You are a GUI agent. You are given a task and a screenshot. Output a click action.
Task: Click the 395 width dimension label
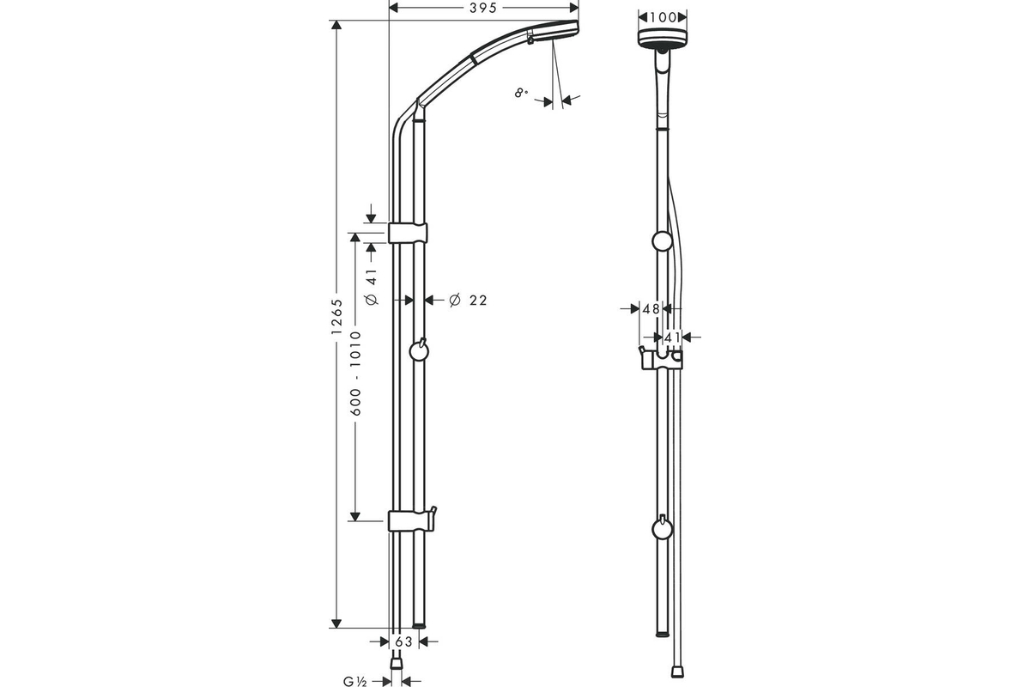(x=482, y=8)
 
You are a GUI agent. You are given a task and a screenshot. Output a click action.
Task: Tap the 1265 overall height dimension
(x=337, y=317)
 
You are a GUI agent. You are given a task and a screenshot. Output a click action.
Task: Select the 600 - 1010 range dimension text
(x=356, y=374)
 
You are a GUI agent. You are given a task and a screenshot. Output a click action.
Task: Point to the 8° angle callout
(x=521, y=94)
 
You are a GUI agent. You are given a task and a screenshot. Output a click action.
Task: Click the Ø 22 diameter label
(x=468, y=301)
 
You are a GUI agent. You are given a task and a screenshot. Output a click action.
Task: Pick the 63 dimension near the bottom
(x=403, y=641)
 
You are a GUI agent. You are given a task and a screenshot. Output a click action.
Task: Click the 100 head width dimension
(x=663, y=17)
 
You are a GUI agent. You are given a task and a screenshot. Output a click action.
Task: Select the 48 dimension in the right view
(x=651, y=309)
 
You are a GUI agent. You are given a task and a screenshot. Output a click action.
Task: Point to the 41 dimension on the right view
(x=672, y=337)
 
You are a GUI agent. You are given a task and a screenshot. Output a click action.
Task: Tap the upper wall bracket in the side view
(x=408, y=233)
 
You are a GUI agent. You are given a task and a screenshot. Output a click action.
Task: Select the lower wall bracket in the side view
(x=410, y=520)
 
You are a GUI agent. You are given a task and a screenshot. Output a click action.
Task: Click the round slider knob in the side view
(x=419, y=351)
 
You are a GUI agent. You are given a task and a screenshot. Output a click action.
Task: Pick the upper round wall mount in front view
(x=662, y=241)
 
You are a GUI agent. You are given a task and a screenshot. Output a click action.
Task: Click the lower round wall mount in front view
(x=662, y=528)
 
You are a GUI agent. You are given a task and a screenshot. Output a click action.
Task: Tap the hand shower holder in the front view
(x=661, y=358)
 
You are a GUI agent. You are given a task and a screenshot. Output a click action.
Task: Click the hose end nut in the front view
(x=677, y=672)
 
